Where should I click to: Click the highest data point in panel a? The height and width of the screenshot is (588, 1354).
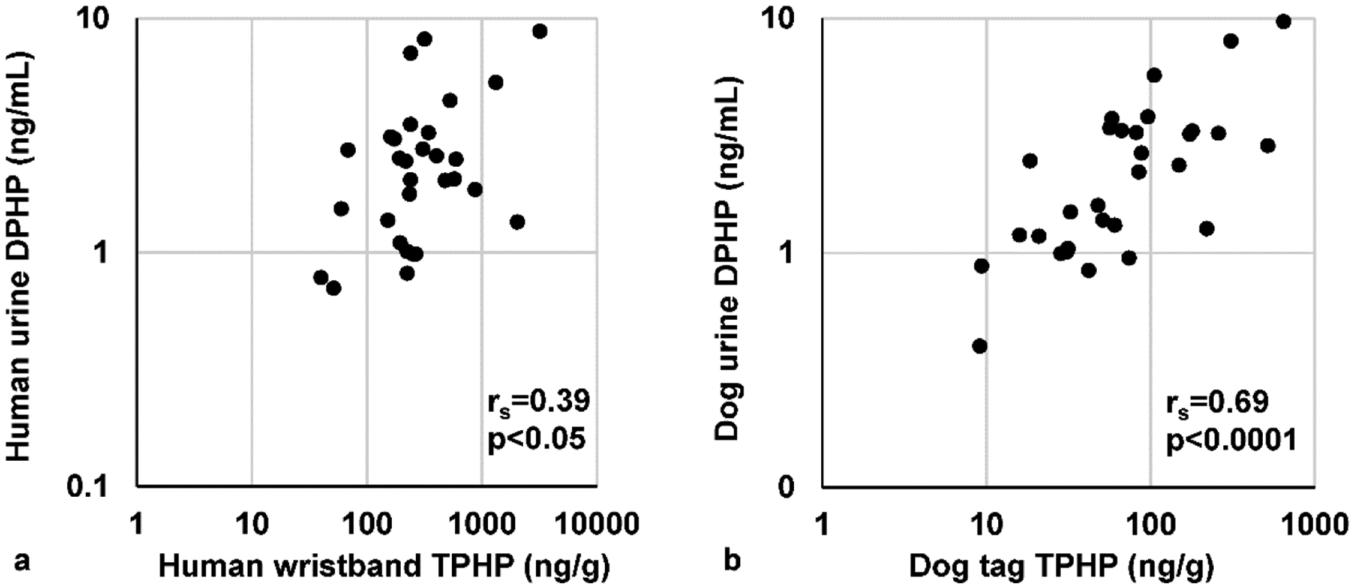pyautogui.click(x=540, y=31)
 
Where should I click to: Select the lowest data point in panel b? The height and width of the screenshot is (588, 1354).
pyautogui.click(x=980, y=346)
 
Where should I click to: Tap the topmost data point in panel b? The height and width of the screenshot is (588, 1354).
pyautogui.click(x=1283, y=22)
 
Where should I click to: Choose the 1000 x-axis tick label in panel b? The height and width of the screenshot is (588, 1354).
pyautogui.click(x=1313, y=525)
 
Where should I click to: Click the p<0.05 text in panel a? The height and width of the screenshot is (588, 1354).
pyautogui.click(x=537, y=440)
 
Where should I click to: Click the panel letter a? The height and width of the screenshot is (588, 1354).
pyautogui.click(x=22, y=561)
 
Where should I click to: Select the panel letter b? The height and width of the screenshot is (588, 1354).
pyautogui.click(x=732, y=561)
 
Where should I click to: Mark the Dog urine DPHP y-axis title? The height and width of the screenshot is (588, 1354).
pyautogui.click(x=728, y=258)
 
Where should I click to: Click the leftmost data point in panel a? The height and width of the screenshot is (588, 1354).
pyautogui.click(x=320, y=278)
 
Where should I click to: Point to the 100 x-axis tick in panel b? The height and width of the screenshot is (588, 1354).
pyautogui.click(x=1150, y=525)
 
